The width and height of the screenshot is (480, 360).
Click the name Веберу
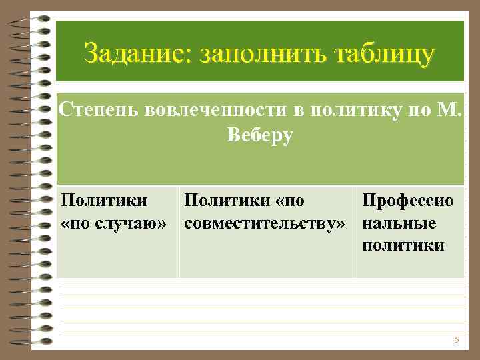point(260,135)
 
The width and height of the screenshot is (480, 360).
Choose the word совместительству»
point(265,221)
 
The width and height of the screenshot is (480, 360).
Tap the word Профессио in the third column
point(407,199)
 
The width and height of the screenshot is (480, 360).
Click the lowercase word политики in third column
point(403,245)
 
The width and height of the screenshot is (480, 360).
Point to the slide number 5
point(457,340)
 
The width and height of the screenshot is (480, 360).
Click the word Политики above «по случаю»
point(103,199)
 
